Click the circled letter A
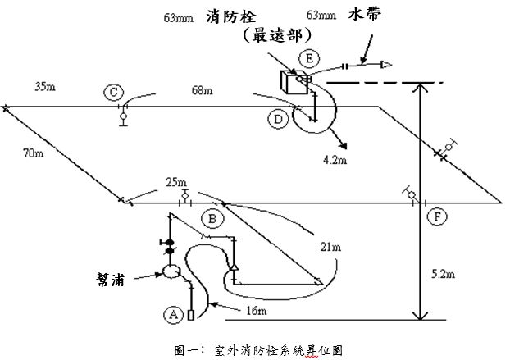pos(174,312)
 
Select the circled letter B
pos(212,219)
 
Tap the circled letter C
pos(114,93)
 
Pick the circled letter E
pos(308,58)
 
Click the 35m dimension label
pos(45,84)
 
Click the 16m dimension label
pos(257,312)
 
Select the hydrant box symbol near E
pos(291,83)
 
